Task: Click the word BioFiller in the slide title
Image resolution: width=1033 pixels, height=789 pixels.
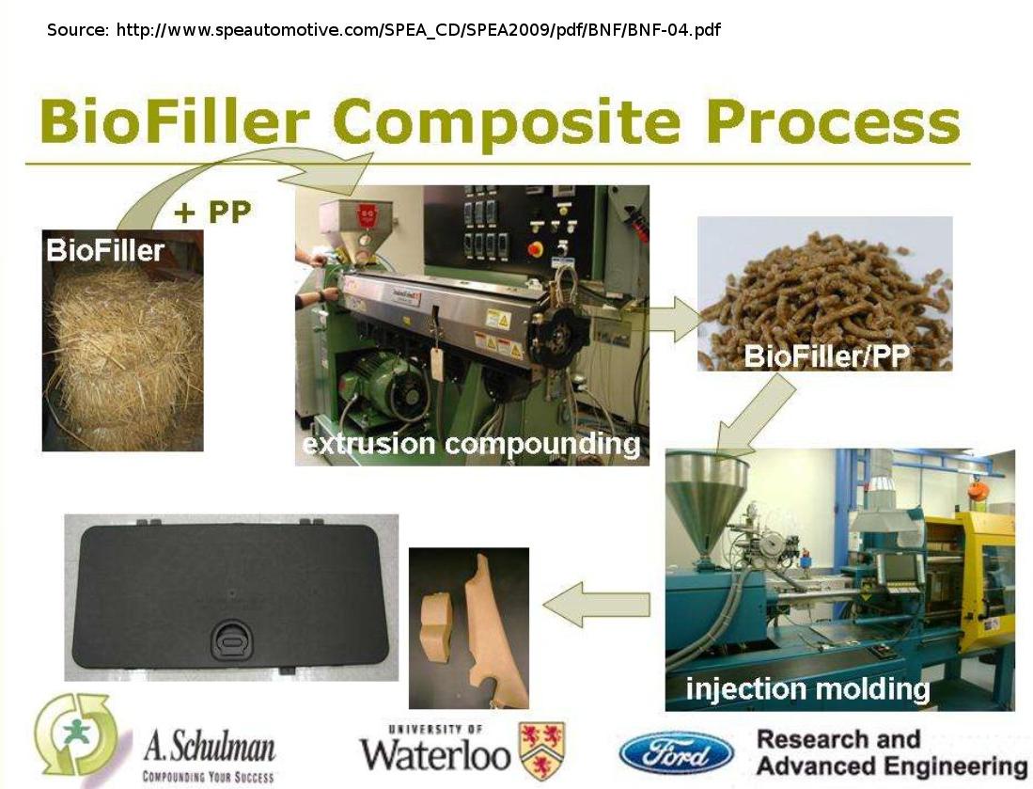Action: coord(174,121)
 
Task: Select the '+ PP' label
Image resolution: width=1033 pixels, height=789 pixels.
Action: coord(212,213)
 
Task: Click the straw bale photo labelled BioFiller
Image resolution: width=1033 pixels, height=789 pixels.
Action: coord(122,340)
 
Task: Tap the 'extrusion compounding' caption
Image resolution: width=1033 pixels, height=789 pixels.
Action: coord(471,444)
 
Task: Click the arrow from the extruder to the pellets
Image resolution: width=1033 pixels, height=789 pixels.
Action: coord(673,319)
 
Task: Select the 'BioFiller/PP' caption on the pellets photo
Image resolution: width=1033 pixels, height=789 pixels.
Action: coord(826,355)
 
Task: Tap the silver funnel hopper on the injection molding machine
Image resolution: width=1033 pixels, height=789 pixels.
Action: coord(708,502)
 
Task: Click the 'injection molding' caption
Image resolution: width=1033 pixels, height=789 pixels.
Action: coord(807,689)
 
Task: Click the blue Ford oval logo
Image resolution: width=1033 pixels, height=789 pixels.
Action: coord(677,753)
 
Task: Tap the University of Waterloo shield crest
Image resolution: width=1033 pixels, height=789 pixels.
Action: coord(542,750)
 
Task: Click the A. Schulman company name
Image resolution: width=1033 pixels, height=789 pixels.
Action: coord(210,747)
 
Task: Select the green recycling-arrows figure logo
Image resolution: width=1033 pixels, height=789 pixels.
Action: coord(78,734)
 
